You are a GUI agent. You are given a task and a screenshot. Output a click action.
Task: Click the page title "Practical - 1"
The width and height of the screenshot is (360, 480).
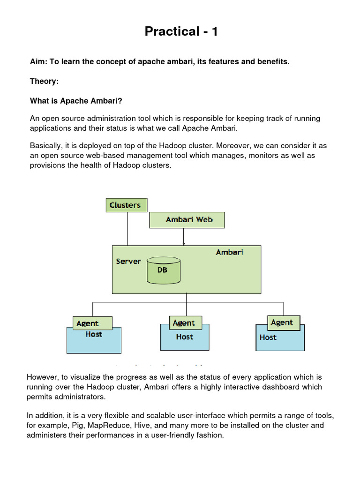[181, 31]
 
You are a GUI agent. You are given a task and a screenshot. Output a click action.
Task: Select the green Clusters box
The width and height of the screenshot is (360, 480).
[125, 205]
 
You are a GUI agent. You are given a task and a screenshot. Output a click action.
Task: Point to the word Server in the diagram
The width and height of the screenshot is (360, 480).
[128, 261]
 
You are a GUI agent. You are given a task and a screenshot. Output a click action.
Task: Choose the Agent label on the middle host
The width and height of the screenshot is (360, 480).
[183, 323]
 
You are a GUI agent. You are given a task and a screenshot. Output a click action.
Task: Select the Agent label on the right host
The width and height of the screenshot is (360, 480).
[282, 322]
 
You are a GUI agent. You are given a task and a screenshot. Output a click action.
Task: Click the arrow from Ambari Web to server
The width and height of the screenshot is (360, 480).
[184, 237]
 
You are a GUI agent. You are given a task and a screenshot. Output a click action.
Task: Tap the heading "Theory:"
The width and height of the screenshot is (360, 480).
[45, 82]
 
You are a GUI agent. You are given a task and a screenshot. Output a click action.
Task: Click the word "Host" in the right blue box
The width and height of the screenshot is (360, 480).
[268, 337]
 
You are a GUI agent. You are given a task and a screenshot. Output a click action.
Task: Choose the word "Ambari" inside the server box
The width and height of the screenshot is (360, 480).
[230, 252]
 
